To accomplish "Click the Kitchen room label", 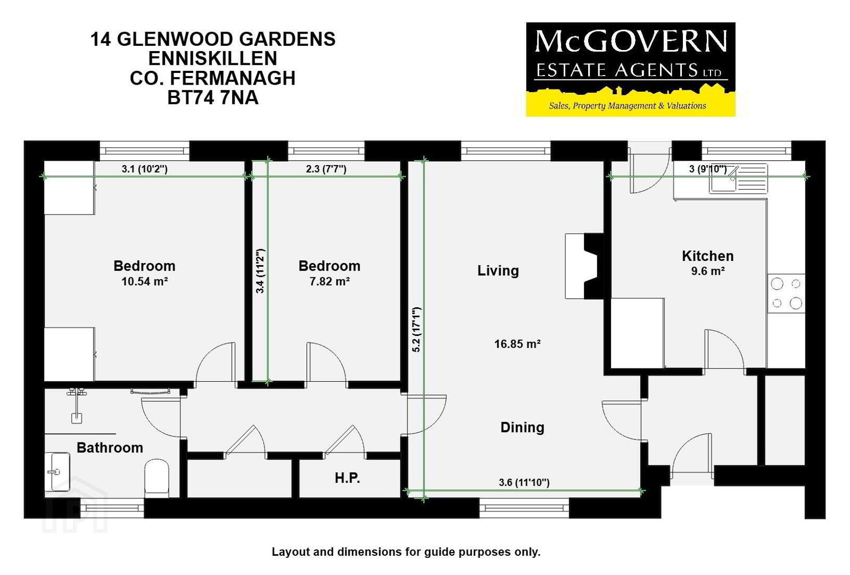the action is [x=708, y=256].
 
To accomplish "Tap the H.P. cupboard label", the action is [x=347, y=478].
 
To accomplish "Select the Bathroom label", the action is [x=110, y=448].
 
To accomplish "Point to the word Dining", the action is [x=522, y=428].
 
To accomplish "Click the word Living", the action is [x=498, y=271].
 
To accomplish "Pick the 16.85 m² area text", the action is [x=517, y=344].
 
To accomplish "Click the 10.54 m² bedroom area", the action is [x=145, y=282].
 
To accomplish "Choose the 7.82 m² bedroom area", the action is [x=329, y=282].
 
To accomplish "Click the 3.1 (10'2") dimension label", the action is [x=145, y=169].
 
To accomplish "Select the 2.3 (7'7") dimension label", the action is [x=326, y=169].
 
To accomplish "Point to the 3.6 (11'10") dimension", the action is [x=524, y=482].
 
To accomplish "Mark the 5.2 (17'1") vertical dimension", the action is [x=417, y=330].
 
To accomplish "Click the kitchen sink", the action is [x=738, y=178].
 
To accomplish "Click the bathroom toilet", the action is [x=156, y=478].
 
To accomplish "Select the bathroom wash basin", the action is [x=57, y=472].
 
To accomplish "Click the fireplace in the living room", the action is [x=584, y=266].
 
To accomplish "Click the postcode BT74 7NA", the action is [x=213, y=98].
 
